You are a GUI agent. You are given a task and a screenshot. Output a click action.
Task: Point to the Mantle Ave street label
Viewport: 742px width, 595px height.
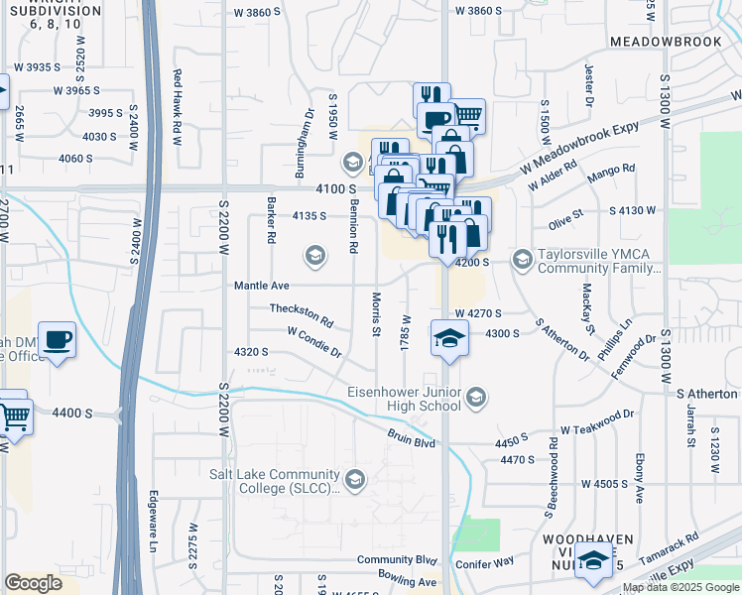[261, 286]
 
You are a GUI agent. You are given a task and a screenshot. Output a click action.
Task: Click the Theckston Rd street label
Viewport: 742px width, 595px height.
[302, 314]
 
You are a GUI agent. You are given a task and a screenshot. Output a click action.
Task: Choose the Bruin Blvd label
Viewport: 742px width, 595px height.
[411, 437]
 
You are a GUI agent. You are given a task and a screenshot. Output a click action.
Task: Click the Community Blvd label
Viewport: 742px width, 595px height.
[397, 560]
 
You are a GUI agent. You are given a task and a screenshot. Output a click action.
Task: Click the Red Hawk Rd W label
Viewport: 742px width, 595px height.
[179, 107]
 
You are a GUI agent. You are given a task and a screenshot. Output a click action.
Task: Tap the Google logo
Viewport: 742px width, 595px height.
[34, 583]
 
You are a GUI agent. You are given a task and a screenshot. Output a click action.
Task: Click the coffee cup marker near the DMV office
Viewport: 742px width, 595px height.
[57, 340]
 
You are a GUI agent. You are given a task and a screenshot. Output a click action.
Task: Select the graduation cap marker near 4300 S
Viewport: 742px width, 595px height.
[449, 337]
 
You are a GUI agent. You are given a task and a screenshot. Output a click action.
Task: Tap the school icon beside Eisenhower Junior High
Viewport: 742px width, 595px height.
[476, 398]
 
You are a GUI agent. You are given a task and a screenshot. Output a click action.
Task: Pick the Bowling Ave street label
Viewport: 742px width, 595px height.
[407, 582]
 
